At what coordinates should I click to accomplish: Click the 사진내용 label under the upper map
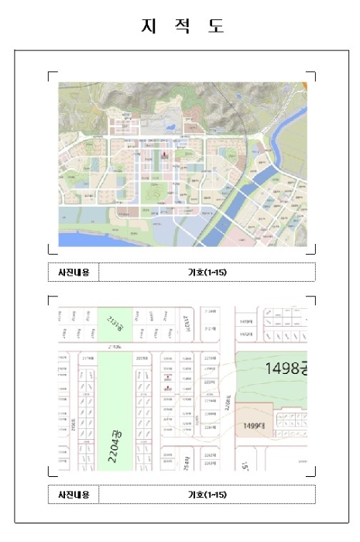click(74, 272)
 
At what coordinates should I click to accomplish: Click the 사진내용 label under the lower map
click(74, 494)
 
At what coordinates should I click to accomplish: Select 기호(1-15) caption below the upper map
click(207, 272)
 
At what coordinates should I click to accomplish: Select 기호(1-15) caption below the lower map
click(207, 494)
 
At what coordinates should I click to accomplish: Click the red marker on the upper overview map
click(164, 154)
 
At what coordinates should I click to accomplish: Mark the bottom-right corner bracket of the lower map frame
click(313, 474)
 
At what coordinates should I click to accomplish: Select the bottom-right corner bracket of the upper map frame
click(313, 251)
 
